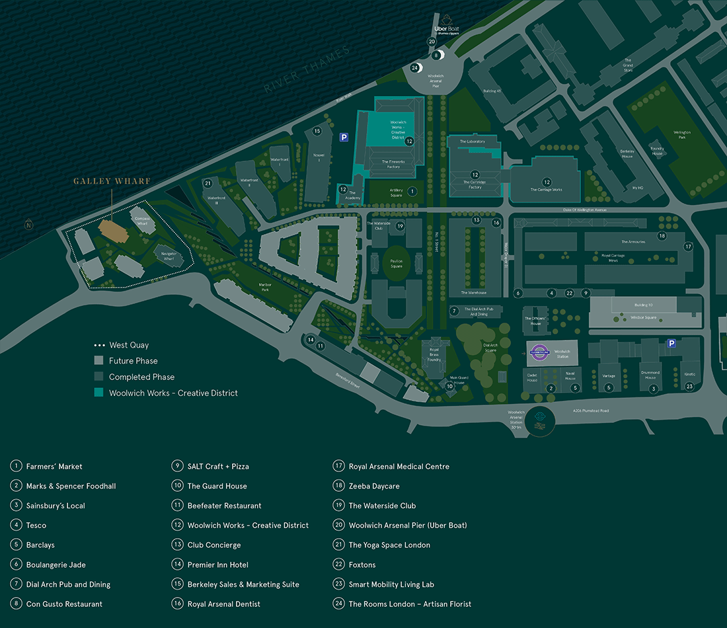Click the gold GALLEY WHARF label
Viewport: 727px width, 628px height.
point(112,181)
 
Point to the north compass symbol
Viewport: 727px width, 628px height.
point(28,225)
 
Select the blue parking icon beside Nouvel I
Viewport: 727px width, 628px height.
point(344,137)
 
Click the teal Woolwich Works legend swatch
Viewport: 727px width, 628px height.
point(98,393)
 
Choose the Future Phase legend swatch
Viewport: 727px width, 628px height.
point(98,361)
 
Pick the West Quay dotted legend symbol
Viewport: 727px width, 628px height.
point(98,345)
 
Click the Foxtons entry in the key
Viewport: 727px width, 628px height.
point(362,565)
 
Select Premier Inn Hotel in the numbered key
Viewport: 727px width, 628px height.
point(217,565)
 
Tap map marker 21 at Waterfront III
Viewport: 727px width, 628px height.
point(208,183)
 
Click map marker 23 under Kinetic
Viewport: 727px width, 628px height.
point(689,386)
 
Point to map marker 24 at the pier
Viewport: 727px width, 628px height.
point(415,67)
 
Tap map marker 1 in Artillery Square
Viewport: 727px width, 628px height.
point(412,191)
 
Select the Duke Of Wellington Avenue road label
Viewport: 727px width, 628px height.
point(586,210)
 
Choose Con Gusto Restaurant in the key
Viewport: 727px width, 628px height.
point(65,604)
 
